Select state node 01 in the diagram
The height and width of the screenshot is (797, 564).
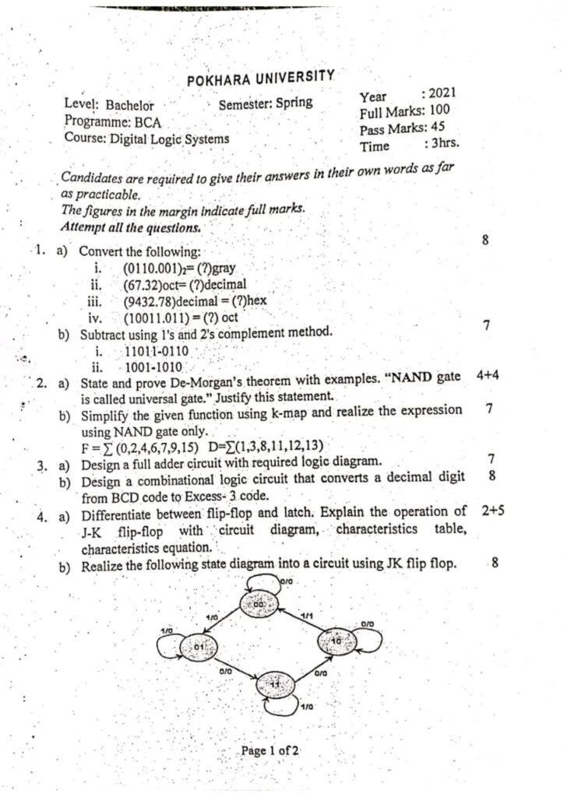click(197, 645)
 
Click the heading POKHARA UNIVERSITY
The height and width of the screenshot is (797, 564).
click(261, 79)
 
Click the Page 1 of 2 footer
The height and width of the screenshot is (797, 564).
click(270, 751)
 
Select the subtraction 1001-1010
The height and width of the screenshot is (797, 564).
click(154, 367)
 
